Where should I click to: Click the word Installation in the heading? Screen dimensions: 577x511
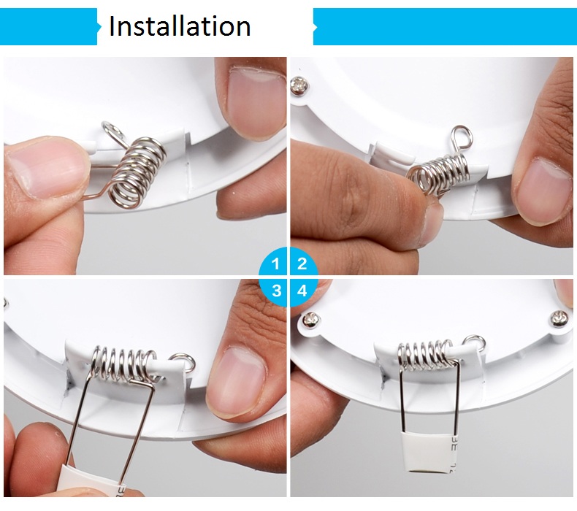pyautogui.click(x=180, y=26)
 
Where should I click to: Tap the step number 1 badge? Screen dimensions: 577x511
pyautogui.click(x=274, y=263)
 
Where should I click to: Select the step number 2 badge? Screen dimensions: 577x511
pyautogui.click(x=303, y=263)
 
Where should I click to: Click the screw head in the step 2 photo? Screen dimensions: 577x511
pyautogui.click(x=299, y=85)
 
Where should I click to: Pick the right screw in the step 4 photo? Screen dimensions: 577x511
pyautogui.click(x=559, y=319)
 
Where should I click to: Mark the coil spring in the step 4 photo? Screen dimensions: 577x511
pyautogui.click(x=426, y=354)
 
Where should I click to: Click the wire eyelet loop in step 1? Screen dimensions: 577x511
pyautogui.click(x=110, y=128)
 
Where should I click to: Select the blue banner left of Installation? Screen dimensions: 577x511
pyautogui.click(x=50, y=26)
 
